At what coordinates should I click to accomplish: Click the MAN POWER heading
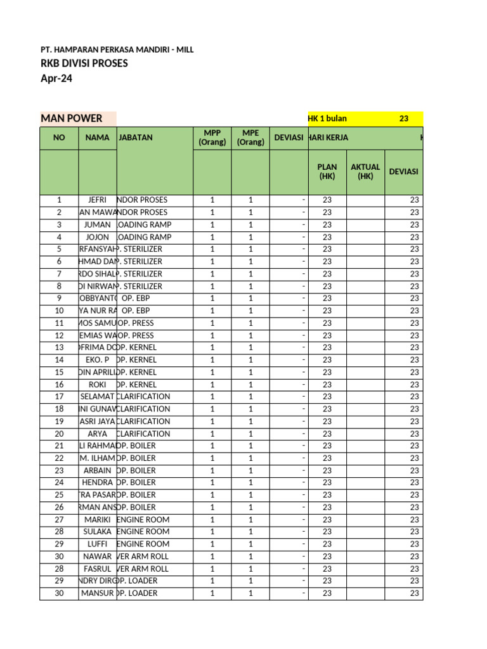(72, 118)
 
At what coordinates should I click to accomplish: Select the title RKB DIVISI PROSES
(84, 63)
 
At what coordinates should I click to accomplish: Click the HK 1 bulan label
(327, 119)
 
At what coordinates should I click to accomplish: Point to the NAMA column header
(97, 138)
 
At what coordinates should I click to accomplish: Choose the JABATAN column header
(136, 138)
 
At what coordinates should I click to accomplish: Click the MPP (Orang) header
(212, 138)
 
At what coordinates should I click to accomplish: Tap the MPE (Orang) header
(250, 138)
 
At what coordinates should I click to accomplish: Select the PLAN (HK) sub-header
(327, 172)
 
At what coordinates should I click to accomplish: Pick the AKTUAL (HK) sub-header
(365, 172)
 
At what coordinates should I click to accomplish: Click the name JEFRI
(97, 200)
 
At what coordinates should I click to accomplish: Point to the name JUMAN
(97, 225)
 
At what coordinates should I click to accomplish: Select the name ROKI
(97, 385)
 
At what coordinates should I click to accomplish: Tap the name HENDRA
(97, 483)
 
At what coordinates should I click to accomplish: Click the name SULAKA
(97, 532)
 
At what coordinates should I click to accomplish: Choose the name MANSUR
(98, 594)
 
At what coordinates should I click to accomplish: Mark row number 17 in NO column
(59, 397)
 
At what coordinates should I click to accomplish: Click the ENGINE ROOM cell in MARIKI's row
(143, 520)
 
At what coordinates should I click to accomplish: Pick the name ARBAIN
(97, 471)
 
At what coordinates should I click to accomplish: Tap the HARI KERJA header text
(328, 138)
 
